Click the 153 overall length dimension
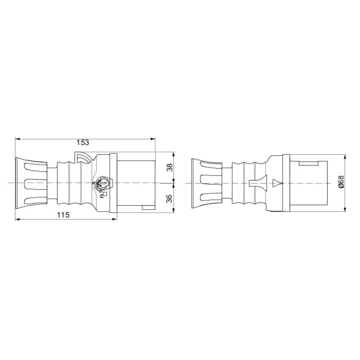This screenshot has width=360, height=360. click(x=82, y=142)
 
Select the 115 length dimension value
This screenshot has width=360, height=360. click(x=63, y=215)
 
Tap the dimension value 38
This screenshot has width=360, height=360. click(x=170, y=168)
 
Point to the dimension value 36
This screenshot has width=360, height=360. click(x=170, y=198)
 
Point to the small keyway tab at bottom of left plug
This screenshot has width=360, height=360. click(x=148, y=208)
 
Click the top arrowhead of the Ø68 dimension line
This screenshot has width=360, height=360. click(x=345, y=158)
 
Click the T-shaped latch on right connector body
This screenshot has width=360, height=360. click(x=256, y=183)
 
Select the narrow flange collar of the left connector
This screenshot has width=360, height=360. click(x=113, y=184)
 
